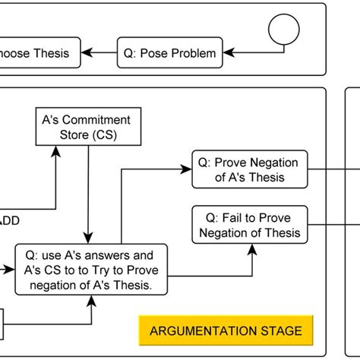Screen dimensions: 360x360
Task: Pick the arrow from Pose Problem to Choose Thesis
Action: coord(98,53)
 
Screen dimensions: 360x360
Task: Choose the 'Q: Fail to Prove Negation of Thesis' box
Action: coord(250,225)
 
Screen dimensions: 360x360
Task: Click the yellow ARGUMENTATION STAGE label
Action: coord(225,330)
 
